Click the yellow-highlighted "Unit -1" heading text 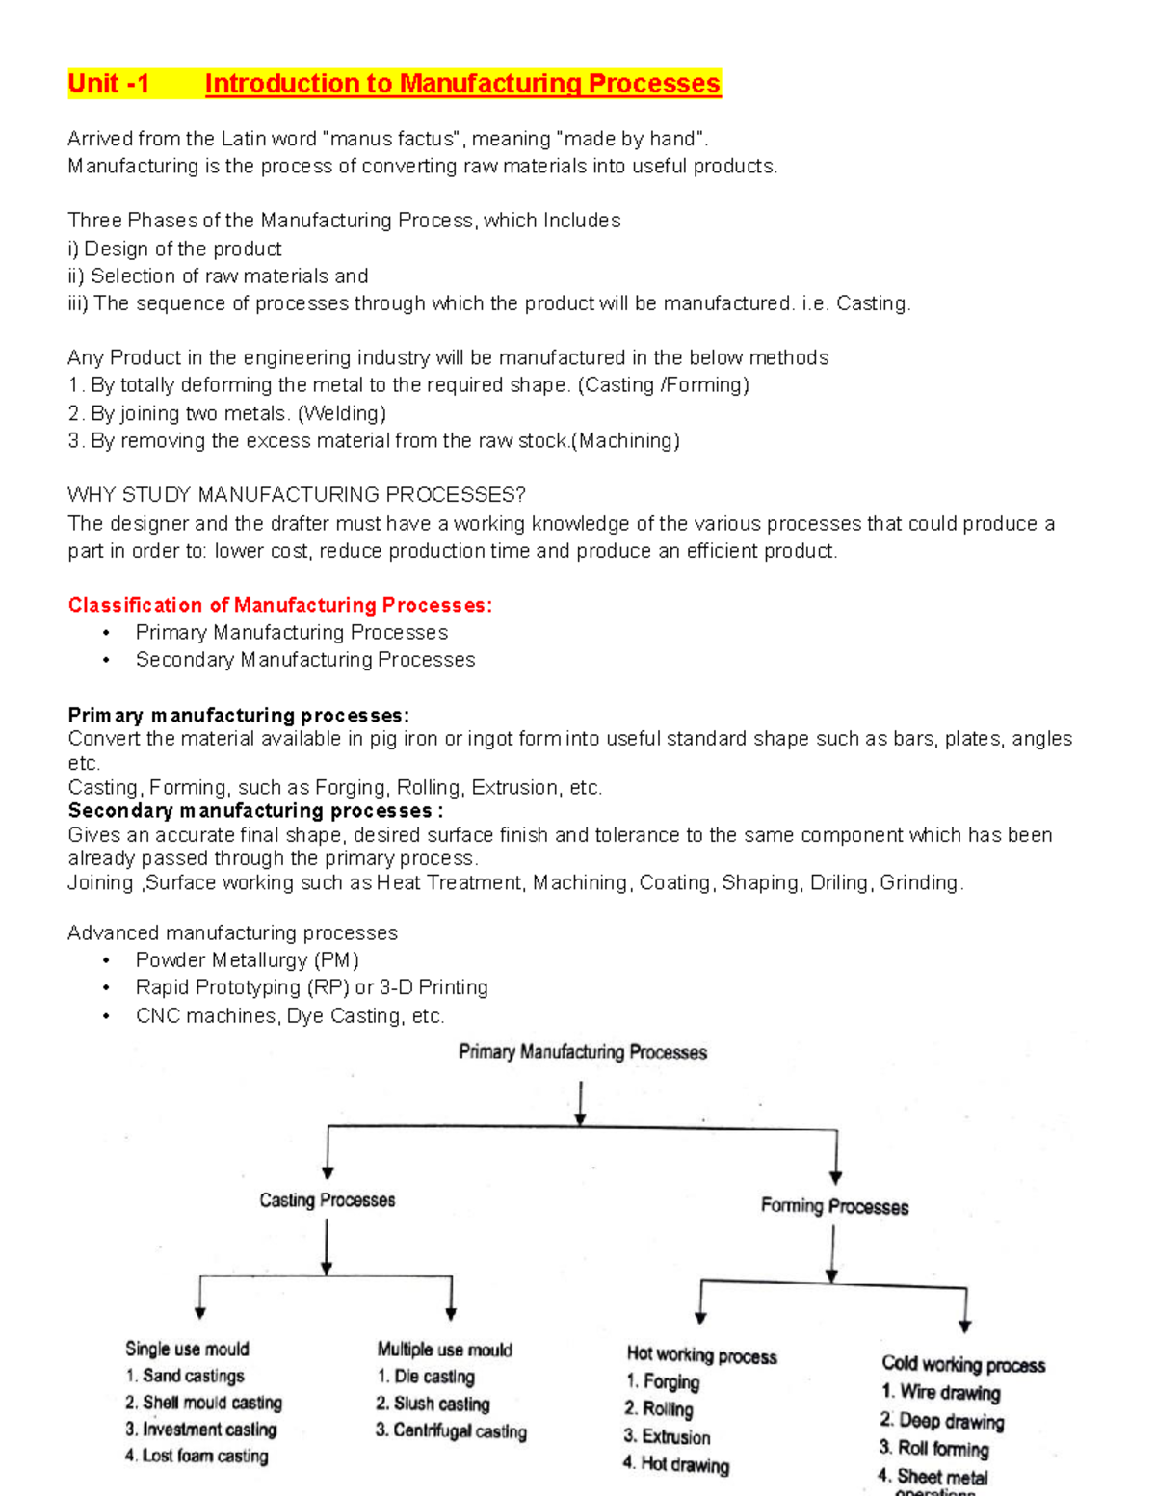(x=109, y=85)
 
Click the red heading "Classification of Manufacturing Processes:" (x=279, y=605)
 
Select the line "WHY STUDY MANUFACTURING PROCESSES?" (x=297, y=495)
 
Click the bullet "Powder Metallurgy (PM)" (x=247, y=960)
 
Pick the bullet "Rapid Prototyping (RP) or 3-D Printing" (x=311, y=987)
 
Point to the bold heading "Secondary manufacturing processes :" (x=255, y=810)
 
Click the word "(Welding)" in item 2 (x=342, y=413)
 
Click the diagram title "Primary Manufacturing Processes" (x=583, y=1052)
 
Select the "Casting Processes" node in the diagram (x=328, y=1200)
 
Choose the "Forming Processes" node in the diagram (x=834, y=1206)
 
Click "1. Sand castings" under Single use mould (x=185, y=1376)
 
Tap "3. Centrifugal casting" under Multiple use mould (x=451, y=1430)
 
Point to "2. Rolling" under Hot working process (x=659, y=1409)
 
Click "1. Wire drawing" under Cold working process (x=940, y=1392)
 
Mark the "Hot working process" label (x=701, y=1356)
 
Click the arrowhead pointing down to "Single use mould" (x=200, y=1311)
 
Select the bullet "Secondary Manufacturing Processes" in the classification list (x=304, y=660)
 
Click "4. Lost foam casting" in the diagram (x=197, y=1456)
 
